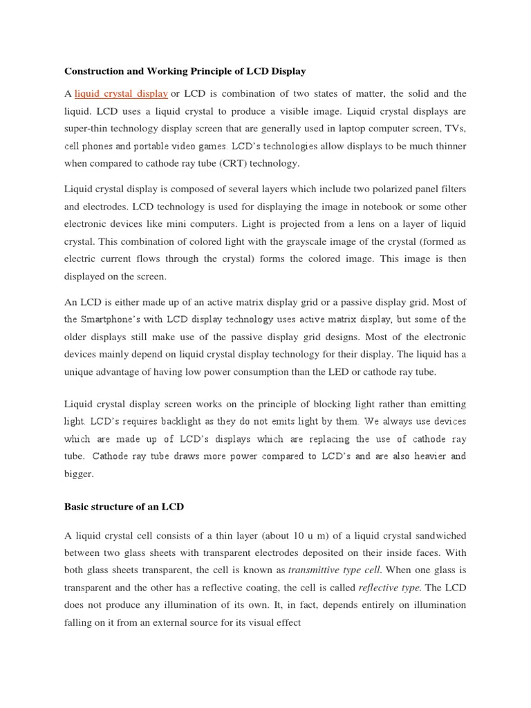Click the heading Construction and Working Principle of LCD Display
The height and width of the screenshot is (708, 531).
185,71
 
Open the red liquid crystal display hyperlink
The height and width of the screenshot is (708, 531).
121,93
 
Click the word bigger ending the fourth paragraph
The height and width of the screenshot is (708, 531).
80,474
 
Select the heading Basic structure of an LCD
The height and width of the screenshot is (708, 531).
124,507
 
